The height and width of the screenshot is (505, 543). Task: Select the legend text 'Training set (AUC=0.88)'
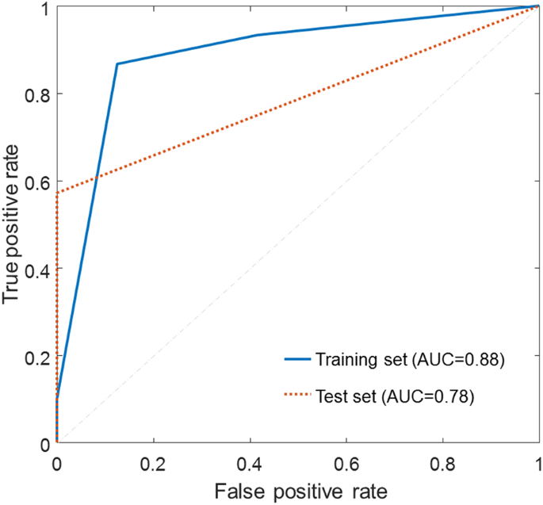(410, 359)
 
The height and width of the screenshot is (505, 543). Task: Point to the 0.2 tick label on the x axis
(153, 462)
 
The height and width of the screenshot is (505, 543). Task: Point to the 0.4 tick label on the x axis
(250, 462)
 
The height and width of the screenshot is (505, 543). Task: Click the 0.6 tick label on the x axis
(346, 462)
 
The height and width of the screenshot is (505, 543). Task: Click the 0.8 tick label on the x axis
(442, 462)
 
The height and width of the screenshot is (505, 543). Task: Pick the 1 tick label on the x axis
(538, 462)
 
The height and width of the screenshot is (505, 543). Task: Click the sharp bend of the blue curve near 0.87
(117, 63)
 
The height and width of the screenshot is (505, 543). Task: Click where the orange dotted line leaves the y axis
(57, 193)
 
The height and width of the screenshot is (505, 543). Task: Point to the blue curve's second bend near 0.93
(258, 35)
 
